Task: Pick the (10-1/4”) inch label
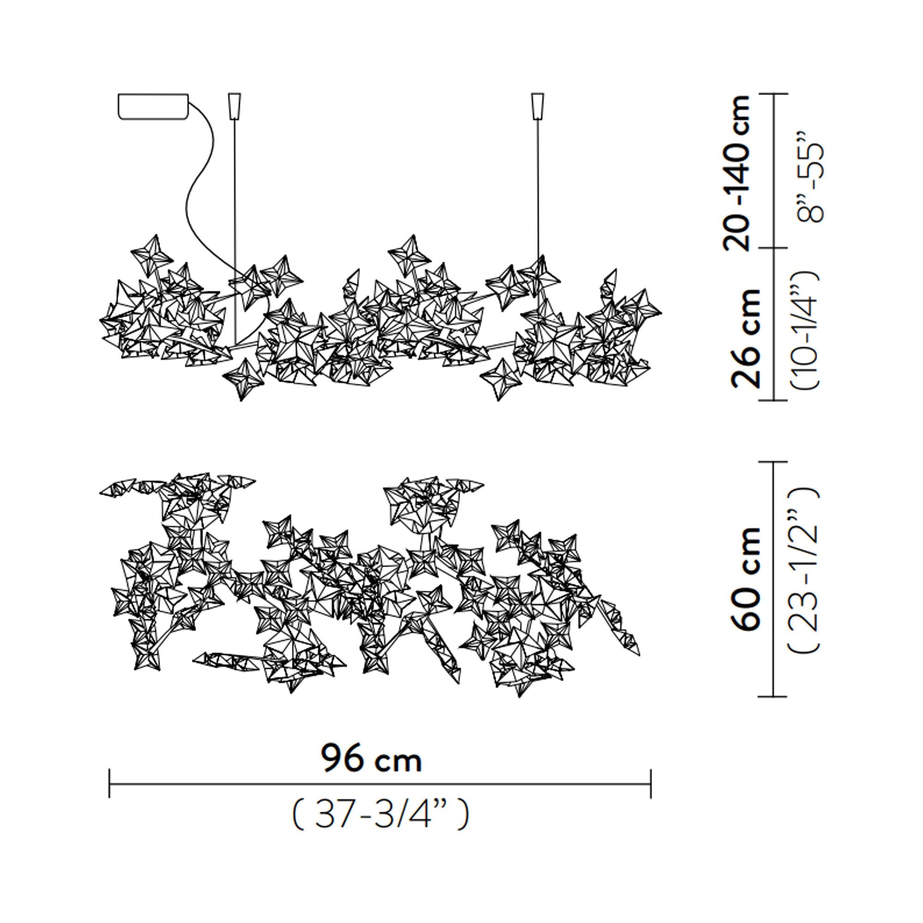coord(806,330)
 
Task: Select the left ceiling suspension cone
coord(234,106)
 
